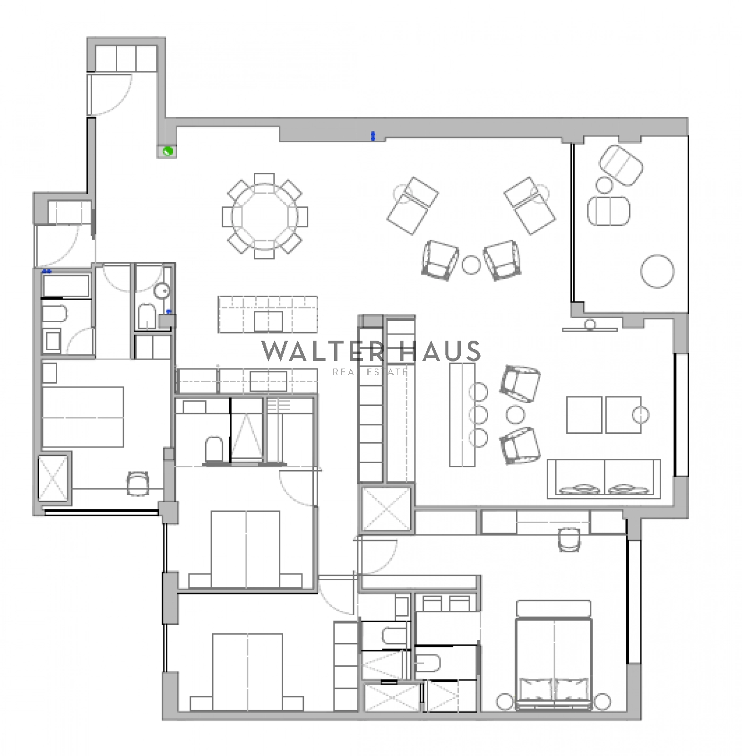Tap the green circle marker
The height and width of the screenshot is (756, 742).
click(x=168, y=152)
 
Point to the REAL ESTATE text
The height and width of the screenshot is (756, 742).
click(x=370, y=372)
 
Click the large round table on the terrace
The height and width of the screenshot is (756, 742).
click(x=657, y=271)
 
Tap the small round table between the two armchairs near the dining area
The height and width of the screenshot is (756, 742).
click(x=471, y=265)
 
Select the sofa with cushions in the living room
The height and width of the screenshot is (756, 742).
click(x=604, y=478)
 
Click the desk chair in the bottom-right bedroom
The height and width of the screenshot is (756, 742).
click(x=568, y=539)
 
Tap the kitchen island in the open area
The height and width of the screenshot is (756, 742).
click(x=267, y=314)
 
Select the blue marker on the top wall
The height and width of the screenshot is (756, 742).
click(x=373, y=136)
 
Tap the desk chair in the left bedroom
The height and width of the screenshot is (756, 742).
click(x=138, y=483)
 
